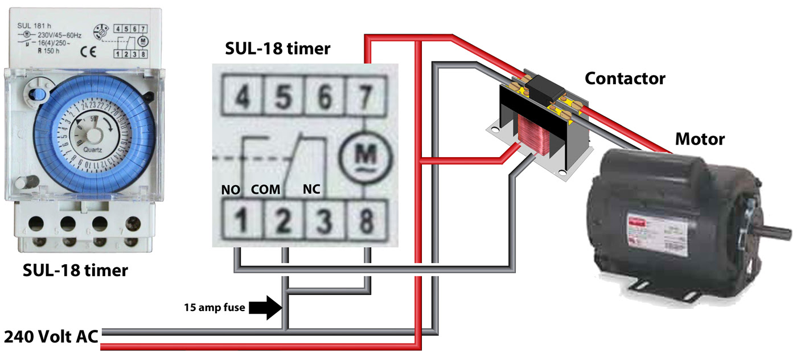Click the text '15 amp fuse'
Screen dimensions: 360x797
click(x=214, y=308)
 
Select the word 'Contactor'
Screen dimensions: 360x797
click(x=625, y=78)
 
